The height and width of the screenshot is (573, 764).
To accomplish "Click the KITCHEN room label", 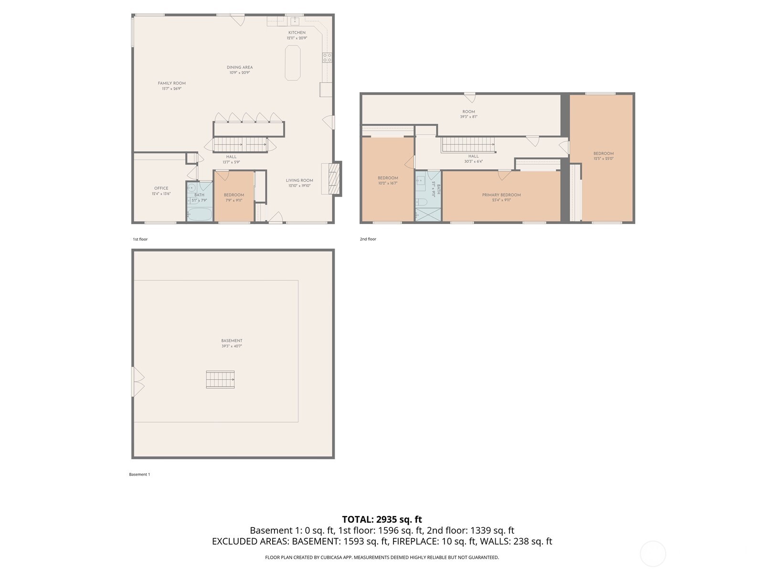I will pos(297,33).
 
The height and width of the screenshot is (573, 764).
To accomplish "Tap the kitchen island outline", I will pos(293,63).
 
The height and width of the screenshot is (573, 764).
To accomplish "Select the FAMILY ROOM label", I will pos(172,84).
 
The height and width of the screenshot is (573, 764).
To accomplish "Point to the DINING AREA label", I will pos(240,68).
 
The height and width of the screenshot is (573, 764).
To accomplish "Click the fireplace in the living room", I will pos(332,179).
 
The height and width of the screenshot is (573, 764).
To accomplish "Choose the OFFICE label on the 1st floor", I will pos(161,188).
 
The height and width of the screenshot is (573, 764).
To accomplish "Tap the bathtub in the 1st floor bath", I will pos(199,214).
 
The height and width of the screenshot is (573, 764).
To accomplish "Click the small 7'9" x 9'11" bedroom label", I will pos(234,195).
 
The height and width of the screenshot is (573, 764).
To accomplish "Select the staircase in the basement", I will pos(220,379).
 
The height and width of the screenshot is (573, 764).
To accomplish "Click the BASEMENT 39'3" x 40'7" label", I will pos(232,341).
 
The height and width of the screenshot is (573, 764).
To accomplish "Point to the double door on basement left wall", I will pos(137,382).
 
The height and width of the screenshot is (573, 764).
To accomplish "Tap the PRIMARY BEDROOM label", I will pos(501,195).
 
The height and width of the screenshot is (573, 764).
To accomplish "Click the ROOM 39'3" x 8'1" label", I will pos(468,112).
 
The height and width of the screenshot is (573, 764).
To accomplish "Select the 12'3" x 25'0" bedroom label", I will pos(603,154).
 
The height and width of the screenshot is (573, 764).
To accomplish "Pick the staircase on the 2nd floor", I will pos(467,145).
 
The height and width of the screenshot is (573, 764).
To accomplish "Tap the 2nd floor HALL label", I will pos(473,156).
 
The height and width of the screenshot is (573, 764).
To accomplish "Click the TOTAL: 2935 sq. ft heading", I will pos(382,519).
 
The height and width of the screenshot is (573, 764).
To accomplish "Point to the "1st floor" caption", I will pos(140,239).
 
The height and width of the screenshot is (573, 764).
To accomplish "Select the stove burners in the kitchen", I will pos(327,57).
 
